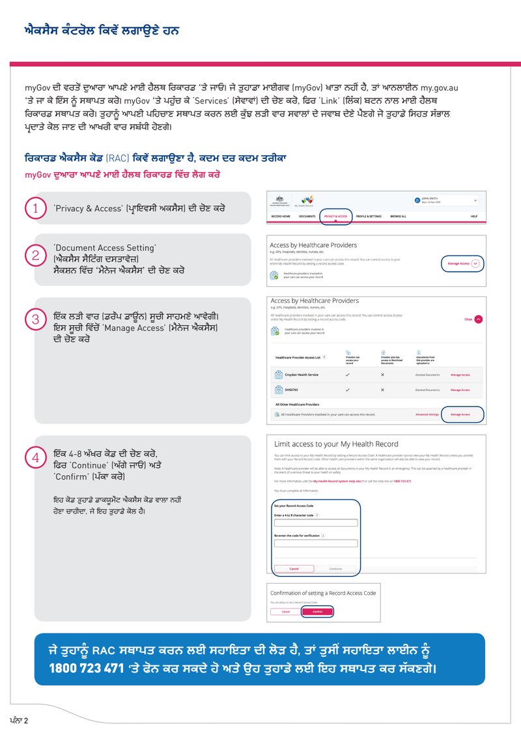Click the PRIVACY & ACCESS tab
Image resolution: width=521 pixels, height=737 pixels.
pos(335,216)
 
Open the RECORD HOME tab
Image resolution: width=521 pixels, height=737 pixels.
pos(281,216)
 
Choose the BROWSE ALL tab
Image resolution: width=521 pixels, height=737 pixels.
pos(398,216)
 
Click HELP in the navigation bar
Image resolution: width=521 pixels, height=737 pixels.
pos(474,216)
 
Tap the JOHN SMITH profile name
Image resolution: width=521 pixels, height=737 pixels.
pos(430,198)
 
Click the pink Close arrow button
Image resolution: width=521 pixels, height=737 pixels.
pos(479,319)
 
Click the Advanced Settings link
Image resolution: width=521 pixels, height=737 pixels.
pos(427,414)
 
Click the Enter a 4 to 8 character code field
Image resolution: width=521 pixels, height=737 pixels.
pos(315,523)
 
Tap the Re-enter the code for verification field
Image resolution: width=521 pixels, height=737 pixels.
pos(315,543)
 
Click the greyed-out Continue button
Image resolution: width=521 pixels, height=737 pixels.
pos(335,568)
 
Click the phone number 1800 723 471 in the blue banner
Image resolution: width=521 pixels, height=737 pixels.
pos(85,669)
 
